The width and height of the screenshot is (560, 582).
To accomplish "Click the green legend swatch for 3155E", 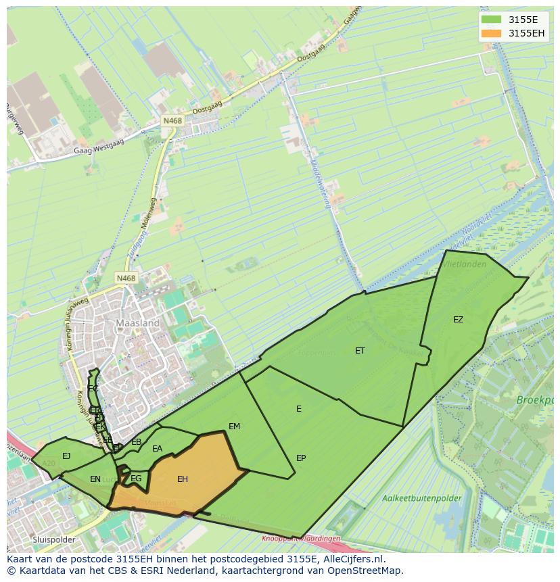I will coord(492,20).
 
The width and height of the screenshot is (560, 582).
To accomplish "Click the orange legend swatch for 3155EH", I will coord(492,33).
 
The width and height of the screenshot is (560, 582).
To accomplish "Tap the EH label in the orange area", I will coord(183,479).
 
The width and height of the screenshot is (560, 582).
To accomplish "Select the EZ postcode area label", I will coord(459,320).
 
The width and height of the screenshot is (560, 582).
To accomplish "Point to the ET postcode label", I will coord(360,351).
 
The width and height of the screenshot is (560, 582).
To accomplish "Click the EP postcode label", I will coord(301,458).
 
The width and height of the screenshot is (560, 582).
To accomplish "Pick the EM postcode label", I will coord(235,427).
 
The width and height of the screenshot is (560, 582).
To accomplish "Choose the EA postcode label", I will coord(158,449).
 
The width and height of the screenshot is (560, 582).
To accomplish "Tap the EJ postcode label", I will coord(66,456).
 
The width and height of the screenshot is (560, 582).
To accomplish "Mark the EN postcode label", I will coord(95,479).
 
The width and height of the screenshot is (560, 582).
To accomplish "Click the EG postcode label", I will coord(137,479).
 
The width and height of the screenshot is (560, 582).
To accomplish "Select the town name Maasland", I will coord(138,323).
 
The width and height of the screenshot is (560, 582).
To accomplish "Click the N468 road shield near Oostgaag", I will coord(172,120).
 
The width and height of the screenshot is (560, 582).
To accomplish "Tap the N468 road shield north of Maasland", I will coord(126,278).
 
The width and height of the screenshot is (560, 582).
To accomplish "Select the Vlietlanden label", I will coord(464,264).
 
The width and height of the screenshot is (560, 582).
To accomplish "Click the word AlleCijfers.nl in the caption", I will coord(354,559).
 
